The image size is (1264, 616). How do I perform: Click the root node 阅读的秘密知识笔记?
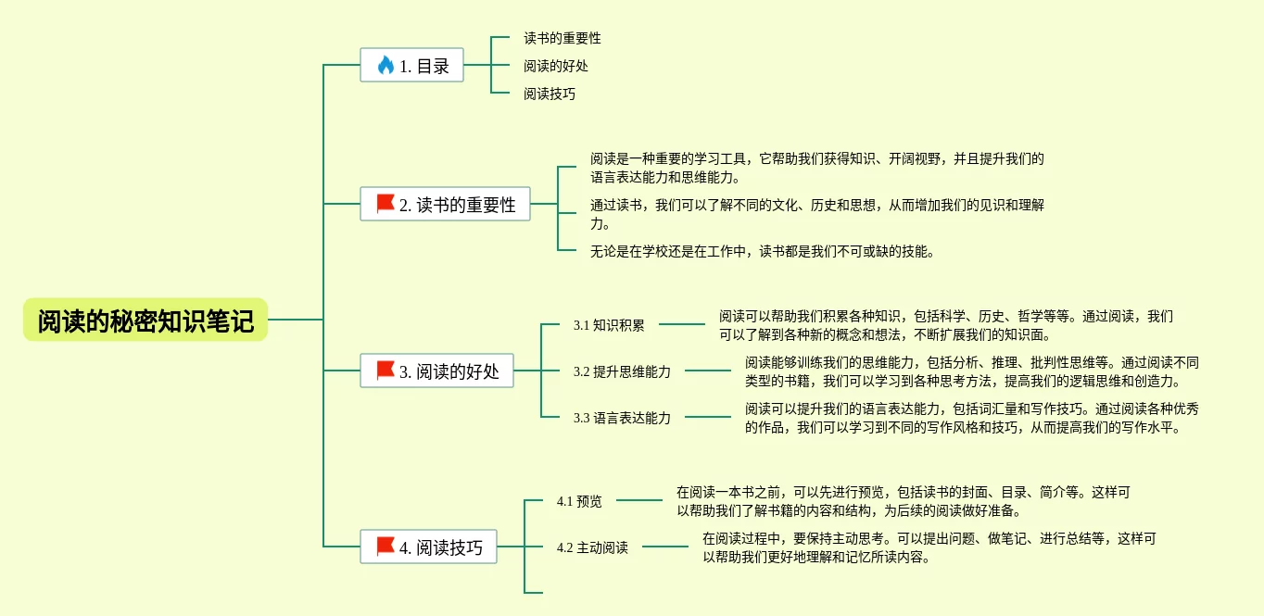click(x=145, y=321)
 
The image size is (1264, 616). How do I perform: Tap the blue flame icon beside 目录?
click(x=386, y=65)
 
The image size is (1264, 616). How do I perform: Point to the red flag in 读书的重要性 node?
click(x=386, y=204)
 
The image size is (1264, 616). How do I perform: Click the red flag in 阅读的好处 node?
click(x=386, y=371)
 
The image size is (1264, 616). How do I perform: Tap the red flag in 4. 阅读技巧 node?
click(x=386, y=547)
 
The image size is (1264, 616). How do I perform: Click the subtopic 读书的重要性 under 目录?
click(x=562, y=38)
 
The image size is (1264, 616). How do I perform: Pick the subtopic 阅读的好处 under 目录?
click(x=556, y=66)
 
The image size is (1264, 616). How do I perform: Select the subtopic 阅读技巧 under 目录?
click(x=550, y=94)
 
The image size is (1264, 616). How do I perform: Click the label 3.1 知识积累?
click(x=609, y=325)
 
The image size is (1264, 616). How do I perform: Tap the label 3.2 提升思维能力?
click(x=622, y=371)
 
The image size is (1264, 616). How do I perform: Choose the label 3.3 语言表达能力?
click(x=622, y=418)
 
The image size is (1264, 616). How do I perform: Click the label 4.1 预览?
click(x=579, y=501)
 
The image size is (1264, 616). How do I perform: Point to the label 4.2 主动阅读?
click(x=592, y=547)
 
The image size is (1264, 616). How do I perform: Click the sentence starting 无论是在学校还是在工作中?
click(x=763, y=251)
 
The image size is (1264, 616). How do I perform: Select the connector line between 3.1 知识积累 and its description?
click(x=682, y=324)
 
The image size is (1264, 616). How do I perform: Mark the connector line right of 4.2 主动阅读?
click(x=665, y=547)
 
